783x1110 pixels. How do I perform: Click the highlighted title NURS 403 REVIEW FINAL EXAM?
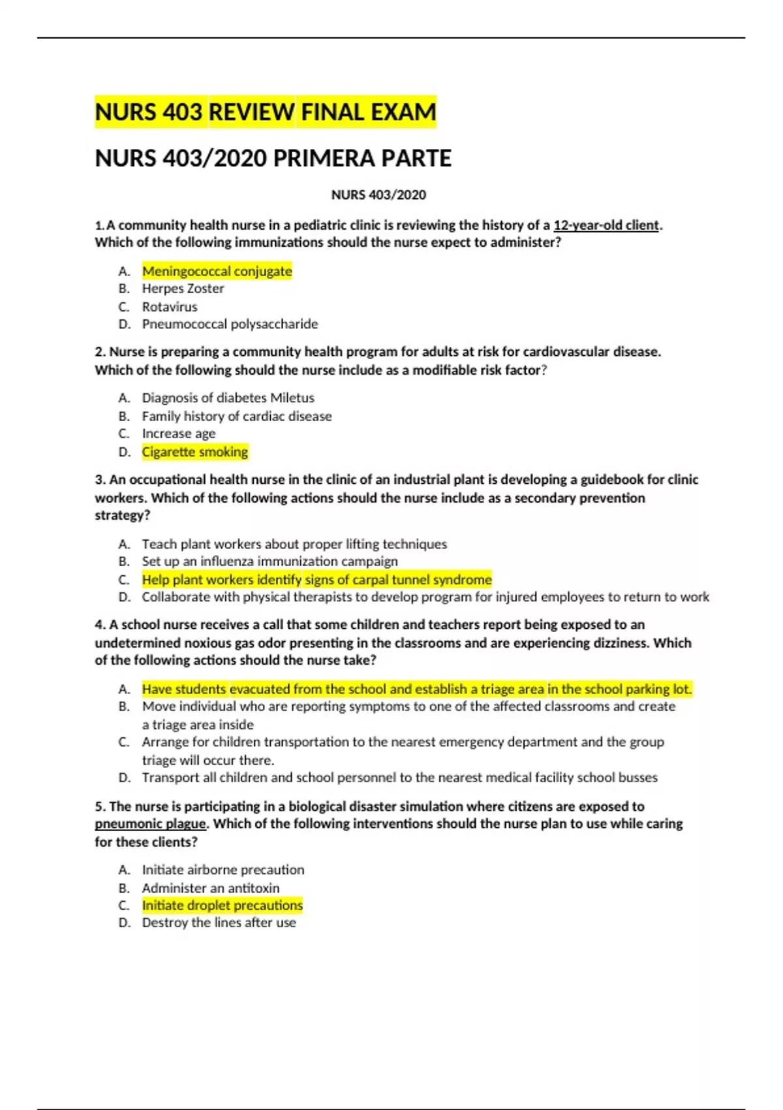[265, 112]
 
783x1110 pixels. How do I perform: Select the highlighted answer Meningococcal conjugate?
[217, 271]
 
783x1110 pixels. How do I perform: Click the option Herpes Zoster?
[183, 289]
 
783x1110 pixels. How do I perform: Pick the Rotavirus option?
[170, 307]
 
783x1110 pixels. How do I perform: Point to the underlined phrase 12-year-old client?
[606, 225]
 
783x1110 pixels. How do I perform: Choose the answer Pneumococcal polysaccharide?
[230, 324]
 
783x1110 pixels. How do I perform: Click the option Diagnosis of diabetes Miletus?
[228, 398]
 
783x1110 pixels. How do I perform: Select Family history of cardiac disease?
[237, 416]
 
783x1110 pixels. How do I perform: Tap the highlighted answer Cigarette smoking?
[195, 452]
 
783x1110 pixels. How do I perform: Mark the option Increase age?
[179, 434]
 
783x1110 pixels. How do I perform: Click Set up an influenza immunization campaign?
[269, 562]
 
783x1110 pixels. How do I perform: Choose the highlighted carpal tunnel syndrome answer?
[316, 580]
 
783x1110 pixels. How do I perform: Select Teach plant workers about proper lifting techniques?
[294, 544]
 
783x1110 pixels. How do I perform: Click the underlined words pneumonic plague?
[151, 824]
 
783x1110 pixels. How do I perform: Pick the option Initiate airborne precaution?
[223, 870]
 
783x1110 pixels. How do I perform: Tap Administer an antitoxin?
[211, 888]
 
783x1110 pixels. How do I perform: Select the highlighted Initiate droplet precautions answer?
[223, 906]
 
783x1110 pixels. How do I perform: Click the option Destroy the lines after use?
[219, 923]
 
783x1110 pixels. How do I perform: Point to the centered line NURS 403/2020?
[378, 195]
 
